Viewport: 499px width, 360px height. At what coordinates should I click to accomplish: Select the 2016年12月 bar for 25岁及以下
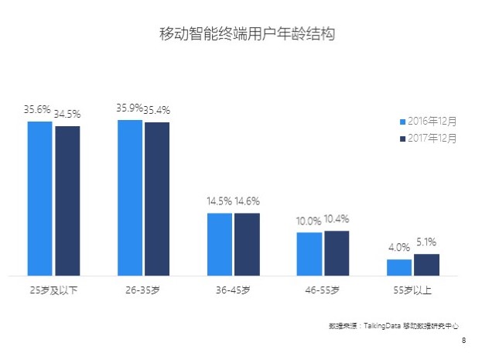click(x=39, y=198)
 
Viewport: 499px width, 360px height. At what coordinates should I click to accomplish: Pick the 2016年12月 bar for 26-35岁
click(x=129, y=197)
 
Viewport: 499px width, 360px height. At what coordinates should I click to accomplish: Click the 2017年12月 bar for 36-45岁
click(x=247, y=244)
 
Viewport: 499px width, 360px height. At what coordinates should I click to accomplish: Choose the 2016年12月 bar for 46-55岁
click(x=309, y=254)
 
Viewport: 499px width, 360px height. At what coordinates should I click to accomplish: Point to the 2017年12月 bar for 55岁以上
click(x=426, y=265)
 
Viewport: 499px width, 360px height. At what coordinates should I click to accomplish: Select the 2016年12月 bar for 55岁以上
click(x=399, y=267)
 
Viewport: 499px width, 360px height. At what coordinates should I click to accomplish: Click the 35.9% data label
click(x=129, y=108)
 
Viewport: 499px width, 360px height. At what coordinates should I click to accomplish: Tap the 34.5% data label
click(x=67, y=114)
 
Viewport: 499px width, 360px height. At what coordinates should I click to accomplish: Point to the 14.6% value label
click(x=248, y=201)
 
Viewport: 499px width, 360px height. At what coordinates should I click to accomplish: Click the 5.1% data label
click(x=427, y=242)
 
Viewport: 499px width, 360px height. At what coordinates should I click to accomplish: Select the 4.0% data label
click(x=399, y=248)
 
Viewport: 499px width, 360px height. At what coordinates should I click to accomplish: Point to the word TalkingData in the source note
click(x=382, y=326)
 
